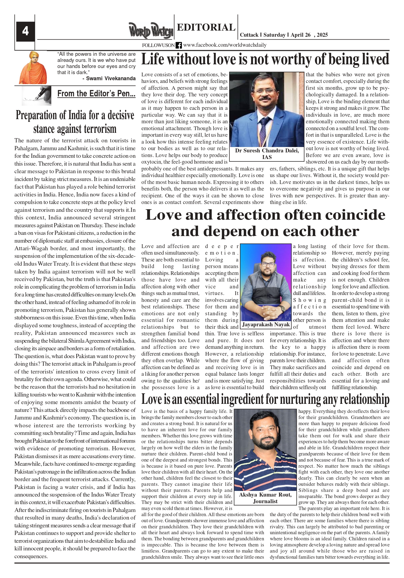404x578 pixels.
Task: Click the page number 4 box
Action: click(x=25, y=31)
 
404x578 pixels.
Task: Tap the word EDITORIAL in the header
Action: click(x=206, y=27)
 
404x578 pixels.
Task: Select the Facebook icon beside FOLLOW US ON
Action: click(x=179, y=45)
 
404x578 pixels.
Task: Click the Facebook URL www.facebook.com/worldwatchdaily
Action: click(x=224, y=45)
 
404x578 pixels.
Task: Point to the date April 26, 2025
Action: click(x=309, y=35)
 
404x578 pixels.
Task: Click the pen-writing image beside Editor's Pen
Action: click(x=36, y=96)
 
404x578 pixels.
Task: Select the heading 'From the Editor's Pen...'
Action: click(x=96, y=94)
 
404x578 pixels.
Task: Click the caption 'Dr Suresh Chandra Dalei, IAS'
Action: click(x=267, y=154)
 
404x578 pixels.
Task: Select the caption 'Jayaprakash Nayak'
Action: click(x=266, y=325)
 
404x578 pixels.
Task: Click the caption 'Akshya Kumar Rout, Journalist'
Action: click(x=265, y=498)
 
